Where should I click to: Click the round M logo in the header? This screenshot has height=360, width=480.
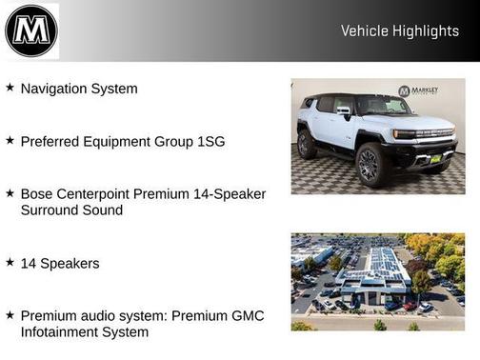(31, 30)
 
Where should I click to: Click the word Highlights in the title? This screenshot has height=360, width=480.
(424, 31)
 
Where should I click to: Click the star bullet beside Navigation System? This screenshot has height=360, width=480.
(10, 88)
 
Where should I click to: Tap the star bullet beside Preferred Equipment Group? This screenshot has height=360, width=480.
(10, 140)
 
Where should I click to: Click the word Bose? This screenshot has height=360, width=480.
(37, 194)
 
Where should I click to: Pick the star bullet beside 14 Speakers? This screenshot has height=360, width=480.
(10, 261)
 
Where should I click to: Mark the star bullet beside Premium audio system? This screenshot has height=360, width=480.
(10, 314)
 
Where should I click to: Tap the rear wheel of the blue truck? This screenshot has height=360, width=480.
(307, 145)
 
